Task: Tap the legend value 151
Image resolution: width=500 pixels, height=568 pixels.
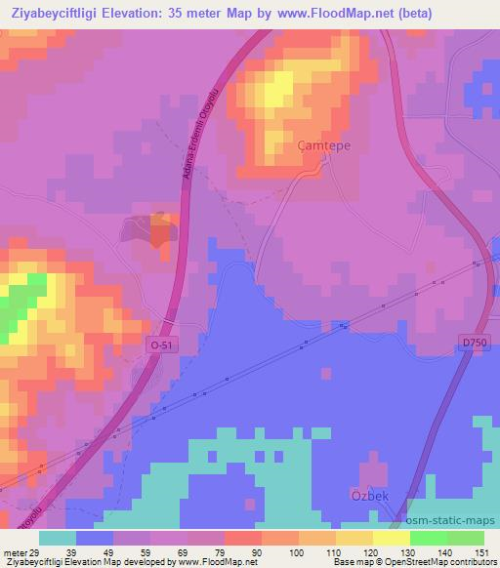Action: pyautogui.click(x=479, y=551)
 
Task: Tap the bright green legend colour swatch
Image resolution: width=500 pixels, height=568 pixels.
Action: pyautogui.click(x=428, y=538)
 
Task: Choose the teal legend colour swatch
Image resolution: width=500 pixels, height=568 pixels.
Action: pyautogui.click(x=58, y=538)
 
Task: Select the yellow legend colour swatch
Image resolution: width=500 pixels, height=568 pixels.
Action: pyautogui.click(x=391, y=538)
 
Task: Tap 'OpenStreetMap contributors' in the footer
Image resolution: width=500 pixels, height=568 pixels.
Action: pyautogui.click(x=444, y=562)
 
